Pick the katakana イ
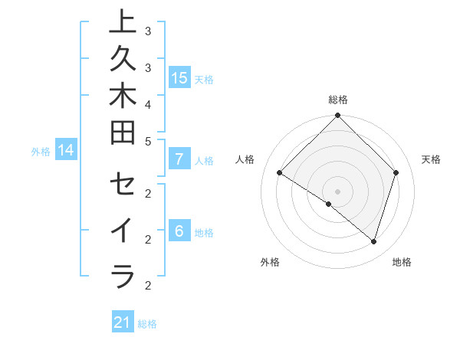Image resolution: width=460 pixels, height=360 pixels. tap(123, 231)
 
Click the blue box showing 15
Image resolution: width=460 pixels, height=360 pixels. tap(179, 78)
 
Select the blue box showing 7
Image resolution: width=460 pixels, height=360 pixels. tap(179, 159)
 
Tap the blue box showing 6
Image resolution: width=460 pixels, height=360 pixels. tap(179, 231)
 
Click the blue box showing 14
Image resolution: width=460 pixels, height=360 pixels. tap(66, 150)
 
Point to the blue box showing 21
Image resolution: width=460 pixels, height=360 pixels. tap(123, 322)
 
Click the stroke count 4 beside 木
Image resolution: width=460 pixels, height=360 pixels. tap(147, 103)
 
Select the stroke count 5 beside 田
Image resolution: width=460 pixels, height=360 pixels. tap(147, 140)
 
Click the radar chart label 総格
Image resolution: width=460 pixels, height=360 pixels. tap(337, 100)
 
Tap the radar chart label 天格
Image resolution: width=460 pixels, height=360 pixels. tap(431, 159)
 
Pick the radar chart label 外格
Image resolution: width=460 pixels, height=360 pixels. tap(270, 262)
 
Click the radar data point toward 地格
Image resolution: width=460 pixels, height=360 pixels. tap(373, 241)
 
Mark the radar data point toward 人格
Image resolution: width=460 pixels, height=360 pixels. tap(280, 173)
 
